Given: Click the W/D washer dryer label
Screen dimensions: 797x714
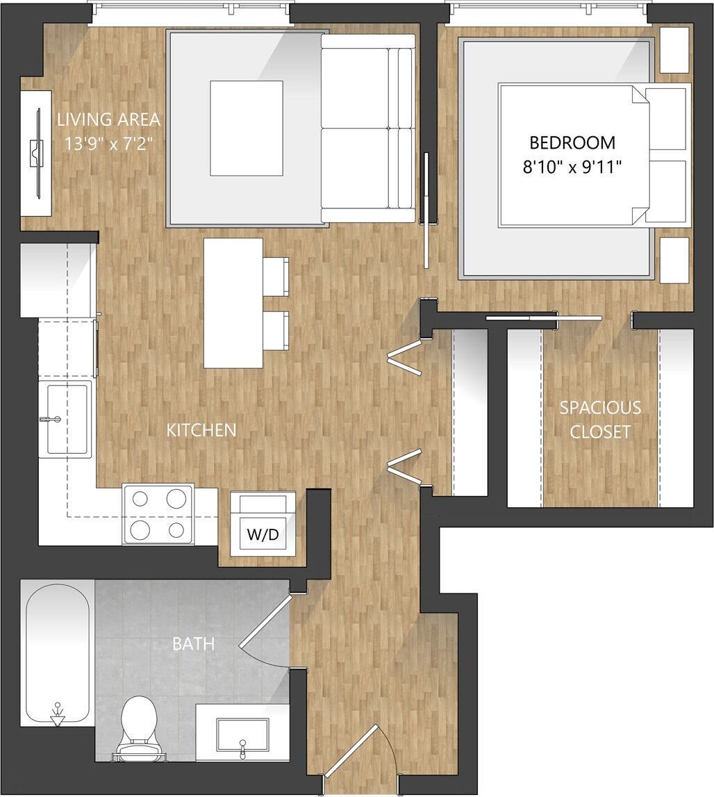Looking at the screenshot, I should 263,535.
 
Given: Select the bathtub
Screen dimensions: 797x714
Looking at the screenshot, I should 58,653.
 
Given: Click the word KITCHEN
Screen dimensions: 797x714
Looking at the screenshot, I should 201,430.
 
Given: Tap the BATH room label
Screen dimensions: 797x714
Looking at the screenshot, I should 193,644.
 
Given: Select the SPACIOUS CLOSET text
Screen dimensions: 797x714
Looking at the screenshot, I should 600,419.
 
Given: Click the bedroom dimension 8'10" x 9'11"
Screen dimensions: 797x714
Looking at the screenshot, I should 572,166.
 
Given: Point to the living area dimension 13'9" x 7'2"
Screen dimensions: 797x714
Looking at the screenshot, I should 108,145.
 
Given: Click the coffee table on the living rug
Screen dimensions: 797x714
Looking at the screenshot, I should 247,128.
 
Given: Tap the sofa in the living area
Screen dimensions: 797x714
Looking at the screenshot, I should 367,129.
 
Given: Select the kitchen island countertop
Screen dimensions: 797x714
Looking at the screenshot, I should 233,303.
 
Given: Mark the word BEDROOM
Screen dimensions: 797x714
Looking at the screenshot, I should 572,143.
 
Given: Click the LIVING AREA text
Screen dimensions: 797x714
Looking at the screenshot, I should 108,120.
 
